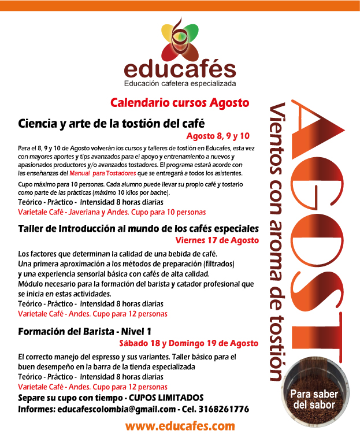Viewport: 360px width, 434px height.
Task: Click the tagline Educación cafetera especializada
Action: (x=180, y=84)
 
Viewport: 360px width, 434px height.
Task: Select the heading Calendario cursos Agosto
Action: (x=180, y=103)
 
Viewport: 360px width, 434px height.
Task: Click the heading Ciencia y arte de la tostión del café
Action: (x=112, y=123)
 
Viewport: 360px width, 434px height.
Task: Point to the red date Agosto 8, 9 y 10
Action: (x=218, y=136)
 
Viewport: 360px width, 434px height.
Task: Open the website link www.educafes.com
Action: (x=180, y=426)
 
